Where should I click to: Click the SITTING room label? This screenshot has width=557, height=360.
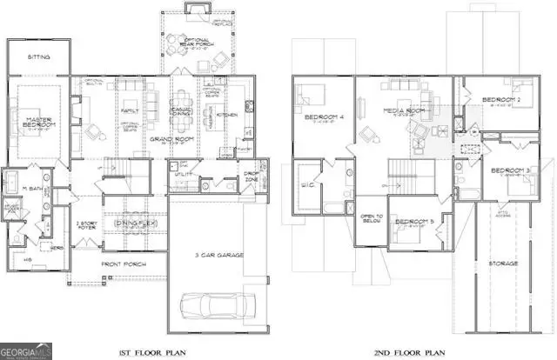click(37, 57)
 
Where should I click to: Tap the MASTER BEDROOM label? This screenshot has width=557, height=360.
click(40, 123)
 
